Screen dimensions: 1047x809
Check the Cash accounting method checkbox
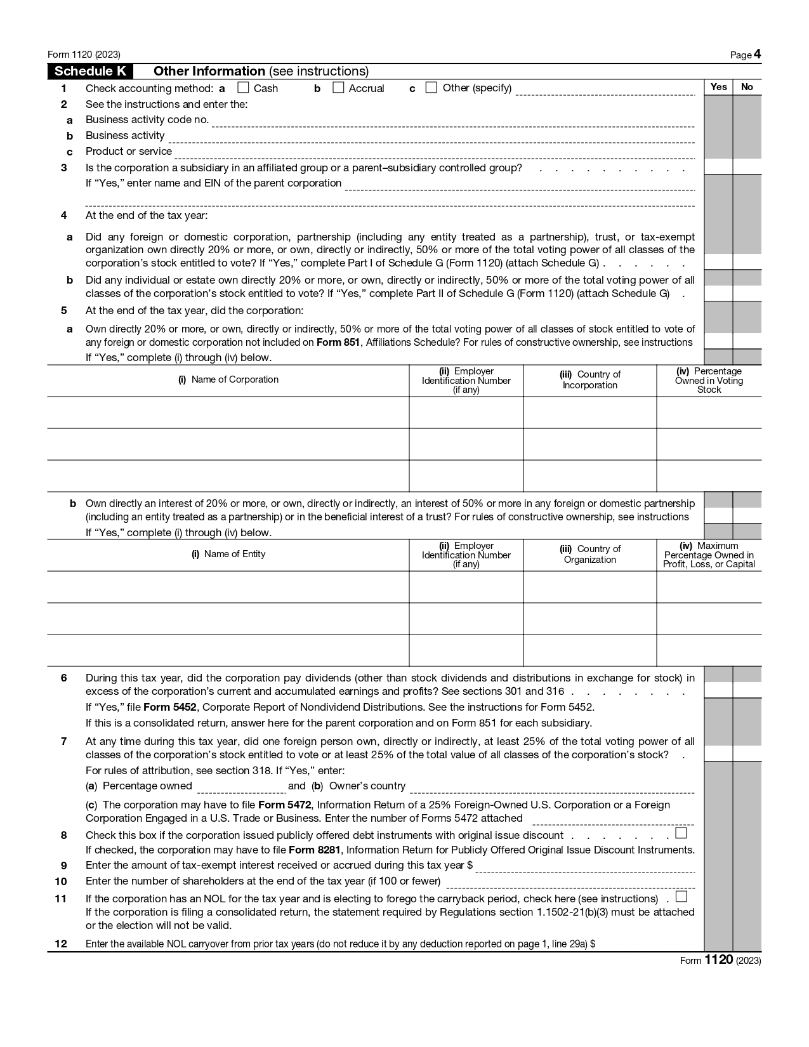(x=243, y=88)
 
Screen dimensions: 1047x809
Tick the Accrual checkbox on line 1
(x=338, y=88)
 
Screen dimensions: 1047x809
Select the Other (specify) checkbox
(x=431, y=88)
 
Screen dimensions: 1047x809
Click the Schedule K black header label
(x=90, y=71)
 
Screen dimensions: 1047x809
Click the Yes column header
(x=718, y=87)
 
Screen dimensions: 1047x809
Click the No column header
(x=747, y=87)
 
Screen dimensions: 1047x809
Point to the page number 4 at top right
(x=757, y=55)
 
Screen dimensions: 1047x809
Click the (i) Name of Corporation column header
(x=228, y=379)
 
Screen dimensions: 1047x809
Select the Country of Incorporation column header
(x=589, y=379)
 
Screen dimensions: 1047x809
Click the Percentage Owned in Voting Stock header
(x=709, y=380)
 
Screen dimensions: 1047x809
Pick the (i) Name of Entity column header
(x=228, y=554)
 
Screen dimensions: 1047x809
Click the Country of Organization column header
(x=589, y=554)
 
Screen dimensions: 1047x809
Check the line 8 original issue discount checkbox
(x=681, y=833)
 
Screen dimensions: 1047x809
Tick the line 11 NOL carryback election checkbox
(x=681, y=897)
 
